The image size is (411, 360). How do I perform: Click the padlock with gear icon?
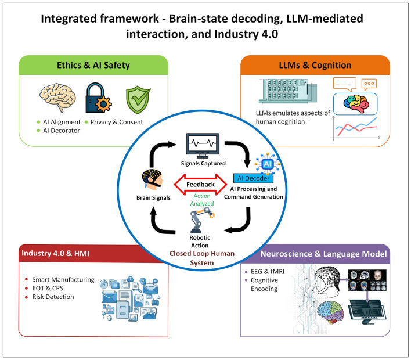tap(99, 98)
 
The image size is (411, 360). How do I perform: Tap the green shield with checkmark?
tap(138, 100)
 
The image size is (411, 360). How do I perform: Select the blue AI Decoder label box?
tap(253, 178)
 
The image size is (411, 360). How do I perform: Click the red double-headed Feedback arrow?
tap(200, 185)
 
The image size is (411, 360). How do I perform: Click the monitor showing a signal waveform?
tap(203, 146)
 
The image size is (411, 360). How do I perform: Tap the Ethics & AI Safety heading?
tap(93, 65)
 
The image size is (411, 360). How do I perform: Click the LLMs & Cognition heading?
tap(315, 65)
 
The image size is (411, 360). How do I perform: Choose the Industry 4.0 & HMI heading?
tap(55, 253)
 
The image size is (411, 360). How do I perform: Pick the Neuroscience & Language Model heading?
tap(323, 254)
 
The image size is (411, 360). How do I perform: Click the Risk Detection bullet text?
tap(53, 297)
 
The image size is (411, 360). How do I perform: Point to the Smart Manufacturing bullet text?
tap(63, 279)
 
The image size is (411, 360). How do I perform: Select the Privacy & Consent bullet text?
tap(117, 122)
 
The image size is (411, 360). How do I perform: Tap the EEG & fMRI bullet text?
tap(268, 272)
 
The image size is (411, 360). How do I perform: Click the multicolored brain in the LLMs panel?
tap(356, 104)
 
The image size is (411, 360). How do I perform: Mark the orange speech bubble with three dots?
tap(369, 84)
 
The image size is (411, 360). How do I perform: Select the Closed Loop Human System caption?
tap(202, 258)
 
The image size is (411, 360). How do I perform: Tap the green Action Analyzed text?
tap(202, 200)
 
